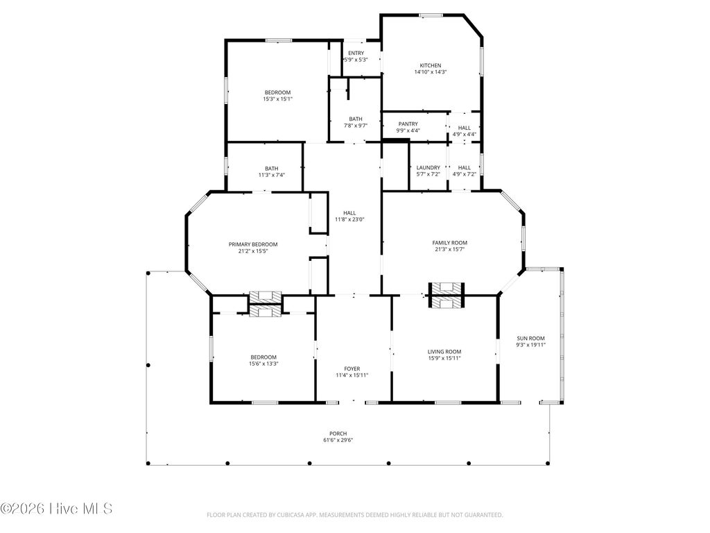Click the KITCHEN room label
(x=430, y=65)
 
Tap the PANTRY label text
(x=408, y=124)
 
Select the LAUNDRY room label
(x=428, y=167)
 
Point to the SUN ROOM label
(x=530, y=338)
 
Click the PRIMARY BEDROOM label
(x=253, y=244)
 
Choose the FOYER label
(x=352, y=369)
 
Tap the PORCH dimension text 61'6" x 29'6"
(x=338, y=440)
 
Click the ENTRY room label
(x=356, y=53)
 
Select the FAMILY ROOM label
(x=449, y=242)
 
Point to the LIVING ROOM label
(x=444, y=352)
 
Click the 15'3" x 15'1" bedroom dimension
(x=277, y=99)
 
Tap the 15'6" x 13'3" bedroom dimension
(x=263, y=364)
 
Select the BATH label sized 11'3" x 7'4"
(x=271, y=168)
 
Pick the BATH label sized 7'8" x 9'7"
(x=355, y=119)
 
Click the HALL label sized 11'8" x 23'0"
(x=349, y=213)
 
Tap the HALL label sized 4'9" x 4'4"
(x=465, y=128)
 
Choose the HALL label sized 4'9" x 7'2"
(x=465, y=167)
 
